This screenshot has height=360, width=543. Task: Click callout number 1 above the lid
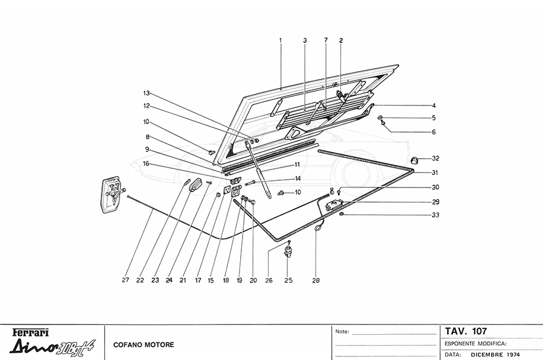tap(281, 40)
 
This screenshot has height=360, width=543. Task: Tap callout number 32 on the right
tap(435, 159)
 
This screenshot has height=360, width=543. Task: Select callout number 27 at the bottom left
tap(125, 280)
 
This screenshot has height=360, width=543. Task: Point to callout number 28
tap(316, 280)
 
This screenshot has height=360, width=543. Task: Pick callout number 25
tap(288, 280)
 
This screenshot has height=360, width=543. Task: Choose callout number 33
tap(435, 215)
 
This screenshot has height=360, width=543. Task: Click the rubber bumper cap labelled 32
tap(414, 160)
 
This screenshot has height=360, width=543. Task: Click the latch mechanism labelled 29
tap(334, 204)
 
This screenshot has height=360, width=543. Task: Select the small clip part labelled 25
tap(289, 250)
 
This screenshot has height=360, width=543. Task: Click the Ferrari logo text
tap(31, 332)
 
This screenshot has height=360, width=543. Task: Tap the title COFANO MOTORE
tap(144, 344)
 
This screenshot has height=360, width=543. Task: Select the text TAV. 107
tap(466, 331)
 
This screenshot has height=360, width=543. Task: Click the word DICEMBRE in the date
tap(487, 355)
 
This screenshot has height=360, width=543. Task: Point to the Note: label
tap(341, 332)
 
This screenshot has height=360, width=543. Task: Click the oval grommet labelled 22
tap(186, 182)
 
